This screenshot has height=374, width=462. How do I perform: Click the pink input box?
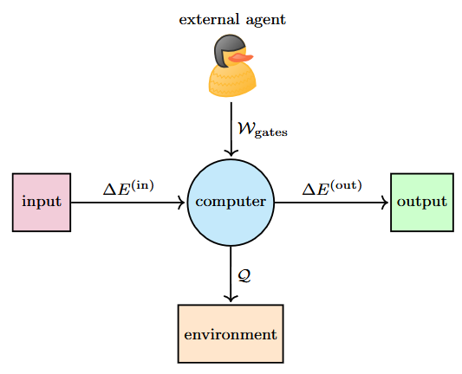pos(42,203)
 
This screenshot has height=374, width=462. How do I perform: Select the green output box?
pos(422,203)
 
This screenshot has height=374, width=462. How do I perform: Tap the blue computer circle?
pos(231,203)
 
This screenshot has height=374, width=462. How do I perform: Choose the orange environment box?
pos(231,333)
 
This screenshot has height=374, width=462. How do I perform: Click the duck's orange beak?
pos(241,58)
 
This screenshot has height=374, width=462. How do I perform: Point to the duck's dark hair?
pos(227,48)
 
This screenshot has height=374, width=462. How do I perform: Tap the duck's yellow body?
pos(232,80)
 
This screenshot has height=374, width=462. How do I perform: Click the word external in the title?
pos(209,20)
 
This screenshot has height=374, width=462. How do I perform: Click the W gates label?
pos(263,130)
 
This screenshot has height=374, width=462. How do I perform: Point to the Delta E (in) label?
pos(128,188)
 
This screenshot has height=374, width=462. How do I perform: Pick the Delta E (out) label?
pos(332,188)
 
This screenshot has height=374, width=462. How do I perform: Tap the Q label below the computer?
pos(244,275)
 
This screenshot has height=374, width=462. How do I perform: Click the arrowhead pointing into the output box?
pos(385,203)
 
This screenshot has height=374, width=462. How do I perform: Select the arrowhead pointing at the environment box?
pos(231,298)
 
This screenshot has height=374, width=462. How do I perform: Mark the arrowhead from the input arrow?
pos(181,203)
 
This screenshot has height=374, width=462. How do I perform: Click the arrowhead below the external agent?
pos(231,152)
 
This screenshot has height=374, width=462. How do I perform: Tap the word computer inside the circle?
pos(231,203)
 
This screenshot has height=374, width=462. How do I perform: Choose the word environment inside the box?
pos(231,334)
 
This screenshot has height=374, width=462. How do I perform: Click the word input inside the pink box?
pos(42,203)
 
